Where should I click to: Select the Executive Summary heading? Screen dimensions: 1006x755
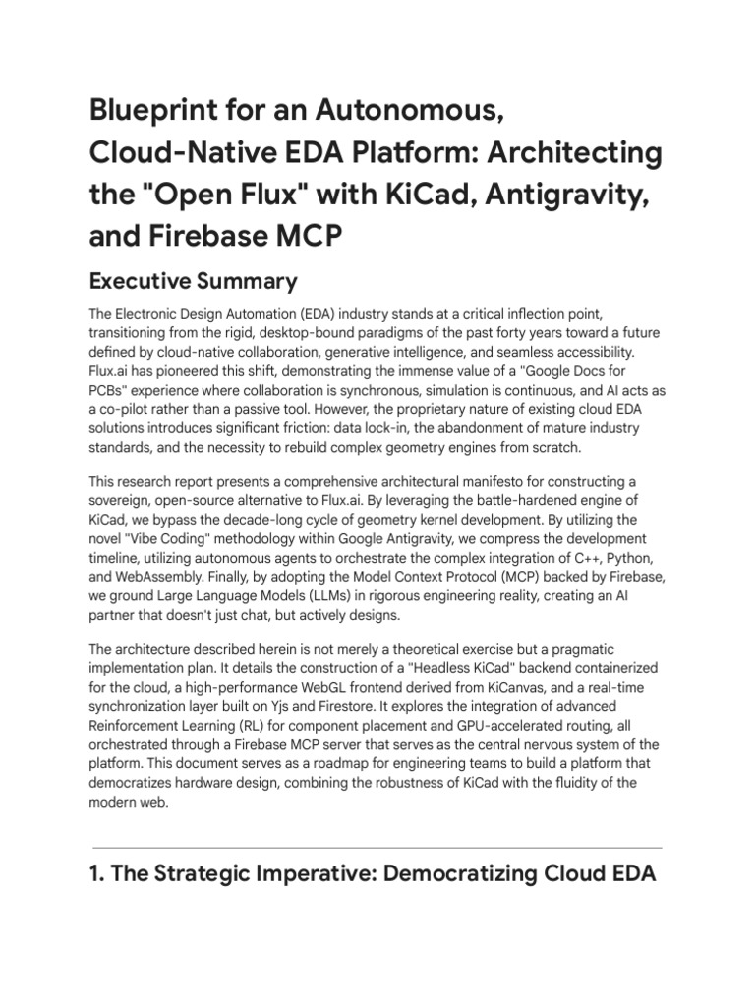point(193,282)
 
